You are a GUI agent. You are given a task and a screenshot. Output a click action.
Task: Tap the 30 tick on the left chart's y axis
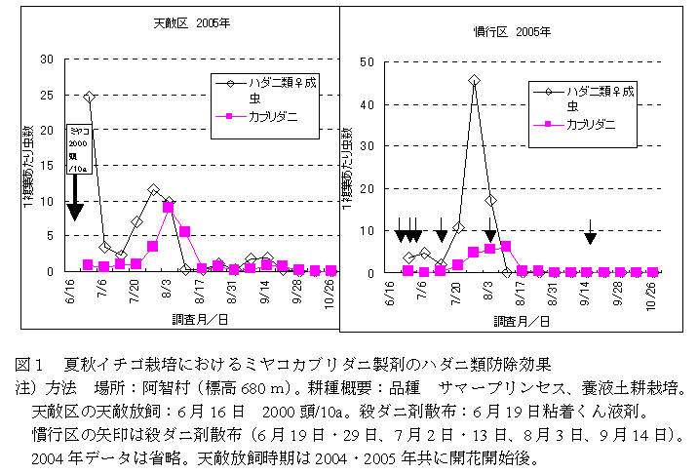[x=48, y=59]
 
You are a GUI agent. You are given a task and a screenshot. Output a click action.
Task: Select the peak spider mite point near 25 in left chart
[x=89, y=97]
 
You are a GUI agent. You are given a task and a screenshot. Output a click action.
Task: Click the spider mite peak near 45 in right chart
[x=474, y=81]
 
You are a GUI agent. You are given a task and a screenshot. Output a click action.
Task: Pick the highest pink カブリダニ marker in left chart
[x=169, y=207]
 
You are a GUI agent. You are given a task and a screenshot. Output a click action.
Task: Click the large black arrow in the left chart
[x=75, y=208]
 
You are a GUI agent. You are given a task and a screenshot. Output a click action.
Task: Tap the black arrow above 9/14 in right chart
[x=590, y=237]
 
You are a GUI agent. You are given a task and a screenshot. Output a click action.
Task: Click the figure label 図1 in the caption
[x=26, y=365]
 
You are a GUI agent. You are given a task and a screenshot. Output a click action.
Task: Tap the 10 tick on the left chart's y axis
[x=48, y=200]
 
